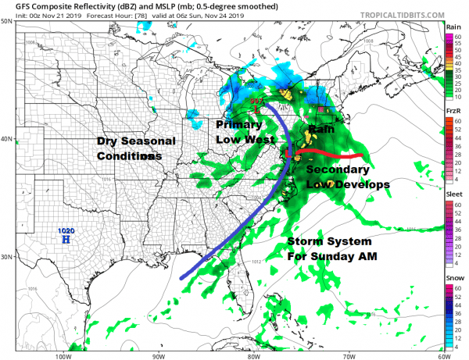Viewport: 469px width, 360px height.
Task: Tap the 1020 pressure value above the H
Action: pyautogui.click(x=66, y=231)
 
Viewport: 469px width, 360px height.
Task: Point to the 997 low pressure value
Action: pyautogui.click(x=256, y=101)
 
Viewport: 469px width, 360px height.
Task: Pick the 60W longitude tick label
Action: pyautogui.click(x=443, y=355)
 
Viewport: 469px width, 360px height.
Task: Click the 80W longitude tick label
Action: pyautogui.click(x=252, y=355)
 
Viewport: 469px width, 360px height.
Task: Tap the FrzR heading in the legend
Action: pyautogui.click(x=453, y=112)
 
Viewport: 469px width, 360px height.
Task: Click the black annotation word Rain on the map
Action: pyautogui.click(x=321, y=128)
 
